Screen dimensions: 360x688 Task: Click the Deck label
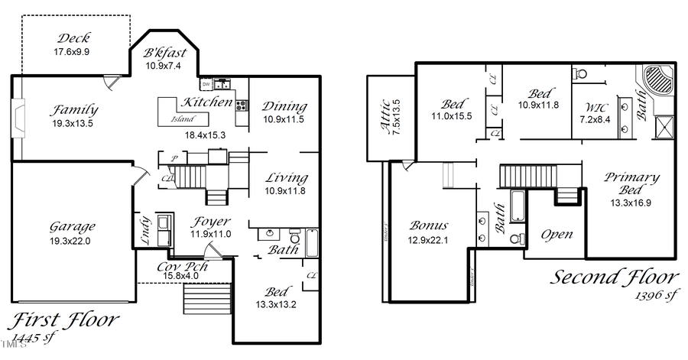pos(73,38)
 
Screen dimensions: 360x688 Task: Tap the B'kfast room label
pos(163,54)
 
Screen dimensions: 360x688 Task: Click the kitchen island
pos(183,115)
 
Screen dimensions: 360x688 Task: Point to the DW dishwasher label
pos(206,83)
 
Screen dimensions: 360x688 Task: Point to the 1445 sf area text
pos(34,337)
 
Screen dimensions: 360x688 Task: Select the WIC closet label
pos(593,108)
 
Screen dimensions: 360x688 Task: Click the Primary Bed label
pos(631,184)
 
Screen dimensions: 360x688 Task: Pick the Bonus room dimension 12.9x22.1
pos(429,239)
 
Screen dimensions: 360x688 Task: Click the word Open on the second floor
pos(557,234)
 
